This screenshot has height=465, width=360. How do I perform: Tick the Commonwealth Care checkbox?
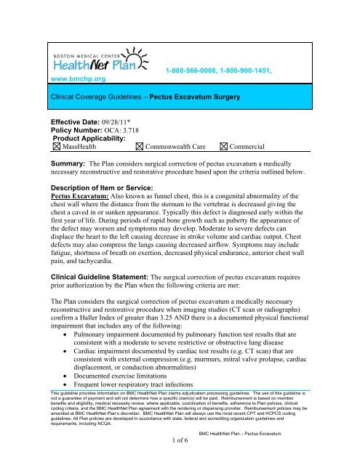point(140,147)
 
